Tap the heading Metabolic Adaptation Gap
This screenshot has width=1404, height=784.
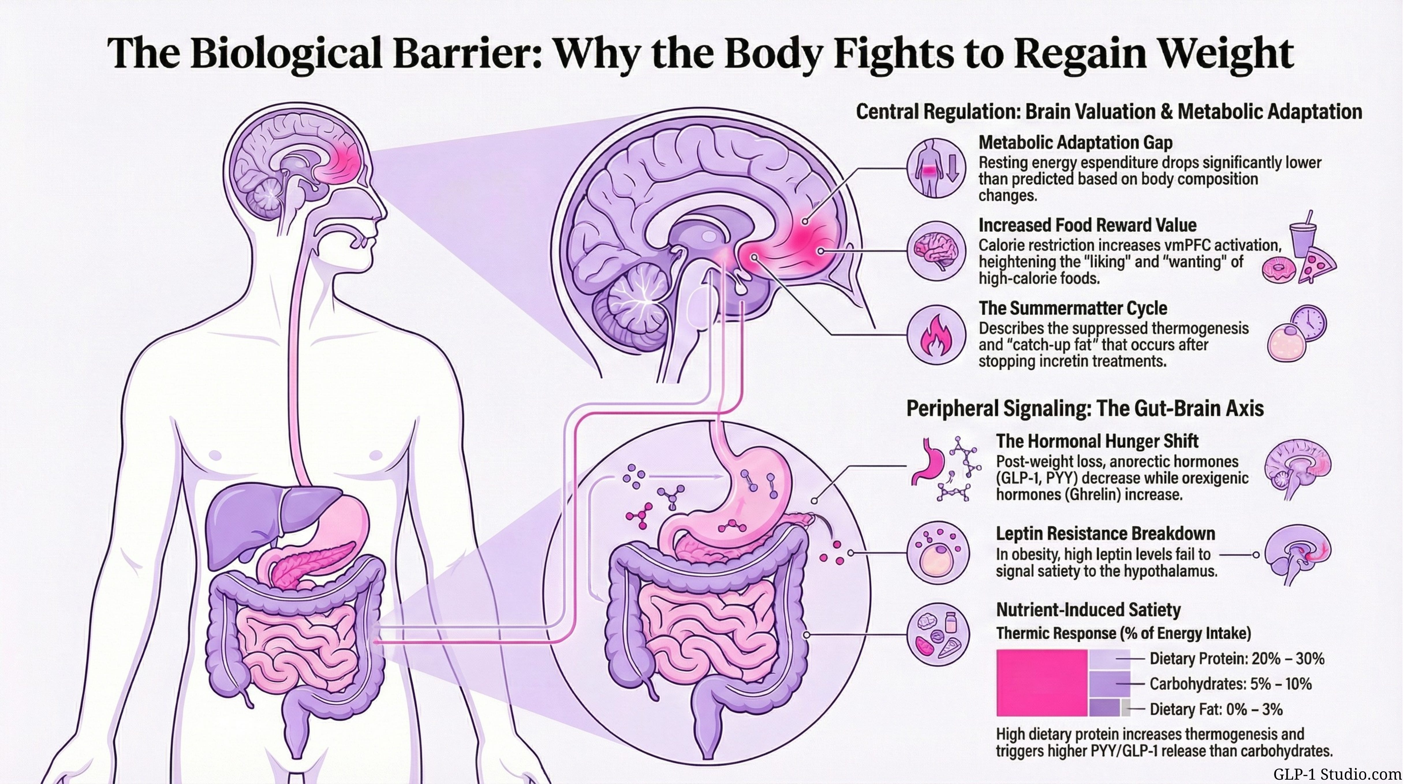1075,143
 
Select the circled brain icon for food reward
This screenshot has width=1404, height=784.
936,250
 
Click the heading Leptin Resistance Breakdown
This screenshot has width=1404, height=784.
1105,533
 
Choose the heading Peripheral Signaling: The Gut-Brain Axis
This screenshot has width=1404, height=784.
1085,408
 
